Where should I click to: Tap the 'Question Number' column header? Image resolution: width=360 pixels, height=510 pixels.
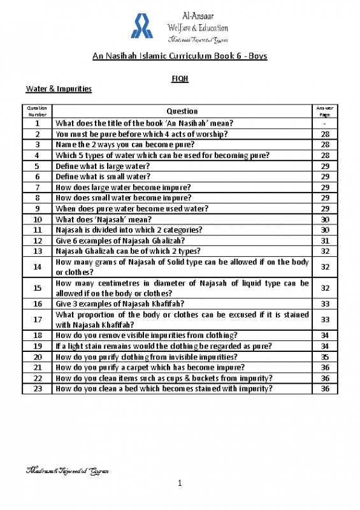click(x=38, y=111)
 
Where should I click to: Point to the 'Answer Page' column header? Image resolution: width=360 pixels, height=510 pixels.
click(x=324, y=111)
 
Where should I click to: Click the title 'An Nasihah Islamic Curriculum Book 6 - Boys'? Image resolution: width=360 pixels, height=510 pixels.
click(x=180, y=56)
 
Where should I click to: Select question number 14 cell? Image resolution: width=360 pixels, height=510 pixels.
click(x=38, y=267)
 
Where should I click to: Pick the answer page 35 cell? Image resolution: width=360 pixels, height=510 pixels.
click(x=324, y=358)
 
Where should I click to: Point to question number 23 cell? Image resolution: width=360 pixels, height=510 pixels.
click(x=38, y=388)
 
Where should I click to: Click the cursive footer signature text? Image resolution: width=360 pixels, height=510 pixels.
click(x=66, y=471)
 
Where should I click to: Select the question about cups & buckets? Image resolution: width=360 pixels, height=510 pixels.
click(x=164, y=378)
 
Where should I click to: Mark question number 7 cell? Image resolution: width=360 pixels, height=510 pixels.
click(x=38, y=187)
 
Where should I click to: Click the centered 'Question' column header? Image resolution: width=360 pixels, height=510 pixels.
click(x=182, y=111)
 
